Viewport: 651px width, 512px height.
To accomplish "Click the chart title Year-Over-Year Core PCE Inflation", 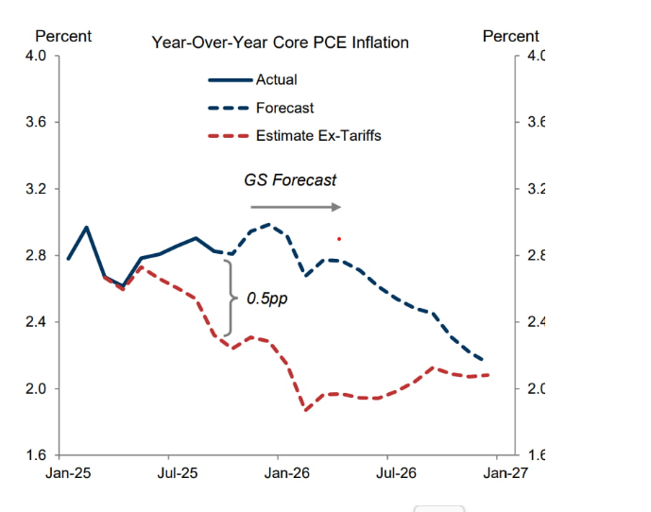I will pyautogui.click(x=280, y=43).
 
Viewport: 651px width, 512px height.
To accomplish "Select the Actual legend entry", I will pyautogui.click(x=276, y=80).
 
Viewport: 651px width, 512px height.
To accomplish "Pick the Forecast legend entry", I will pyautogui.click(x=284, y=109).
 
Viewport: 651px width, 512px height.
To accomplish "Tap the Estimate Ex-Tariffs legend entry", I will pyautogui.click(x=317, y=136).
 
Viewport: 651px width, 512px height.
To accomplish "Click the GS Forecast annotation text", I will pyautogui.click(x=290, y=179).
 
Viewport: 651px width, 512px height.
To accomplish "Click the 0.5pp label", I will pyautogui.click(x=267, y=298).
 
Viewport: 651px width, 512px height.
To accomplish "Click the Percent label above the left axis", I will pyautogui.click(x=63, y=36).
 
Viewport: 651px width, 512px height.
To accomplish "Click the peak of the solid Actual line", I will pyautogui.click(x=87, y=228).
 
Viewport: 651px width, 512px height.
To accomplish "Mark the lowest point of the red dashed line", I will pyautogui.click(x=306, y=409).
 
